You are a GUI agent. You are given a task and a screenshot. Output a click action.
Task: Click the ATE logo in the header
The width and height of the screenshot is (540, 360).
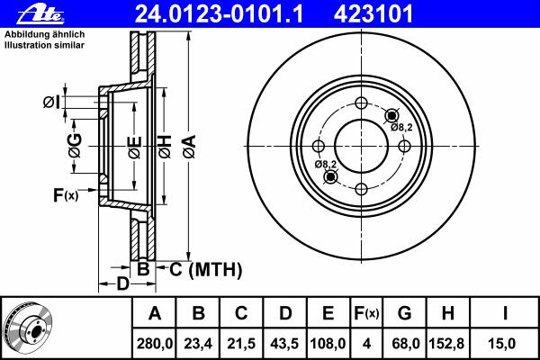point(40,14)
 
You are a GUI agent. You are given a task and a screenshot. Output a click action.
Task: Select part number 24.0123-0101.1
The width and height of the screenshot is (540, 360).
point(219,13)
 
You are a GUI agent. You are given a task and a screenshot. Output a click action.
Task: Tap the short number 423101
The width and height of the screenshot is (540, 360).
point(373,13)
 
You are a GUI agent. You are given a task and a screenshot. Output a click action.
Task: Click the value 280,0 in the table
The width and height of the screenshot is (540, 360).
point(154,344)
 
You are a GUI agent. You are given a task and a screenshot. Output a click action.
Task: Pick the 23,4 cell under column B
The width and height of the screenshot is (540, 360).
point(198,344)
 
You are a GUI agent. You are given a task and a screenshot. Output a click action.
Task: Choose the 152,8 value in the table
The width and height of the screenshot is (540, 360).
point(446,344)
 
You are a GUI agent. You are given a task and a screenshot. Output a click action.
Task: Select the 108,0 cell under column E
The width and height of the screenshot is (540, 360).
point(328,344)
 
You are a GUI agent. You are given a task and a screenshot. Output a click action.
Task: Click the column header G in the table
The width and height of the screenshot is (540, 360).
point(404,313)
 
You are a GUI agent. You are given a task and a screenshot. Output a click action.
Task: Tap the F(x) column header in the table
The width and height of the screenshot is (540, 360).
point(366,313)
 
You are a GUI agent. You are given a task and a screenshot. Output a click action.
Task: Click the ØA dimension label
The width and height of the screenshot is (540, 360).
point(190,147)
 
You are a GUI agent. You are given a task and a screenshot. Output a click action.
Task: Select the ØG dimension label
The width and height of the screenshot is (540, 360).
point(75,146)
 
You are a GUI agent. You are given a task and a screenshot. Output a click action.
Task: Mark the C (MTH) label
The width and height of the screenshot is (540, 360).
point(205,269)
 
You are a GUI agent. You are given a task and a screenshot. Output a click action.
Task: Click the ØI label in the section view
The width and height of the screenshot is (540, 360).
point(51,103)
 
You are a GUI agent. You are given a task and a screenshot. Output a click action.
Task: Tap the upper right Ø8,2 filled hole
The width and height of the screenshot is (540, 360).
point(391,116)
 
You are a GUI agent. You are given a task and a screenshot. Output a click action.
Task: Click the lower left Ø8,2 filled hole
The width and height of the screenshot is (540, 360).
point(330,176)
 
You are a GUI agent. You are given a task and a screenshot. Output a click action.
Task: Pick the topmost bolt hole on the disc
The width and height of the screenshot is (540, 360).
point(361,103)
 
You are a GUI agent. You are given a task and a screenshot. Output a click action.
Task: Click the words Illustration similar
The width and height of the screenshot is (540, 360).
point(44,45)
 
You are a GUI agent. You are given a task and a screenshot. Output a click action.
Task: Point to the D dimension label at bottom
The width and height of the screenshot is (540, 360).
point(122,283)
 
